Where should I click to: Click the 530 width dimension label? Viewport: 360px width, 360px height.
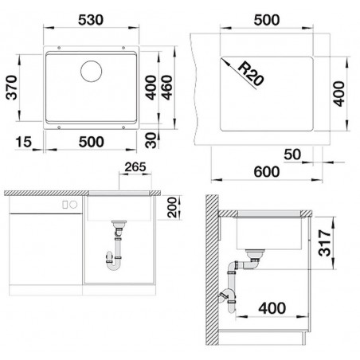(91, 20)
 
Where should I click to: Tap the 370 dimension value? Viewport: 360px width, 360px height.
(11, 88)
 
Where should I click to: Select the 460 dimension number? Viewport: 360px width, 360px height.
(167, 88)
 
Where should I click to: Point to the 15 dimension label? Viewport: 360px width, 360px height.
(24, 142)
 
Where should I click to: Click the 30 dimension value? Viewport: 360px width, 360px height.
(151, 140)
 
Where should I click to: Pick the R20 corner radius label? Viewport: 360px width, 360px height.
(251, 74)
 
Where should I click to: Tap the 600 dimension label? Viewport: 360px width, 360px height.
(267, 171)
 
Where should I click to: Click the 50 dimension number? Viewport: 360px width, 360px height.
(292, 155)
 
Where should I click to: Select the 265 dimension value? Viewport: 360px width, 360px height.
(135, 167)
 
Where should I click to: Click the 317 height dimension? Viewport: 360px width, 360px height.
(325, 243)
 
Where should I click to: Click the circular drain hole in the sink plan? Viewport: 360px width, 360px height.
(91, 71)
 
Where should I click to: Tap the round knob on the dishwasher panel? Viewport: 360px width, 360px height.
(73, 205)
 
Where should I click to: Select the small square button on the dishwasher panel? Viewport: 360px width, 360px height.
(65, 205)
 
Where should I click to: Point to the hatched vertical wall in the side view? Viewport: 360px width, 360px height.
(212, 270)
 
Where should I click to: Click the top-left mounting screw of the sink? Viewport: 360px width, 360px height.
(59, 48)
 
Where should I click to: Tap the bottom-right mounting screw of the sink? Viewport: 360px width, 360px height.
(123, 127)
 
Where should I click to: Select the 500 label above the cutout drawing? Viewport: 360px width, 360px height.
(267, 20)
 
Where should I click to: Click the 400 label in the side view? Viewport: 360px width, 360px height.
(272, 308)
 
